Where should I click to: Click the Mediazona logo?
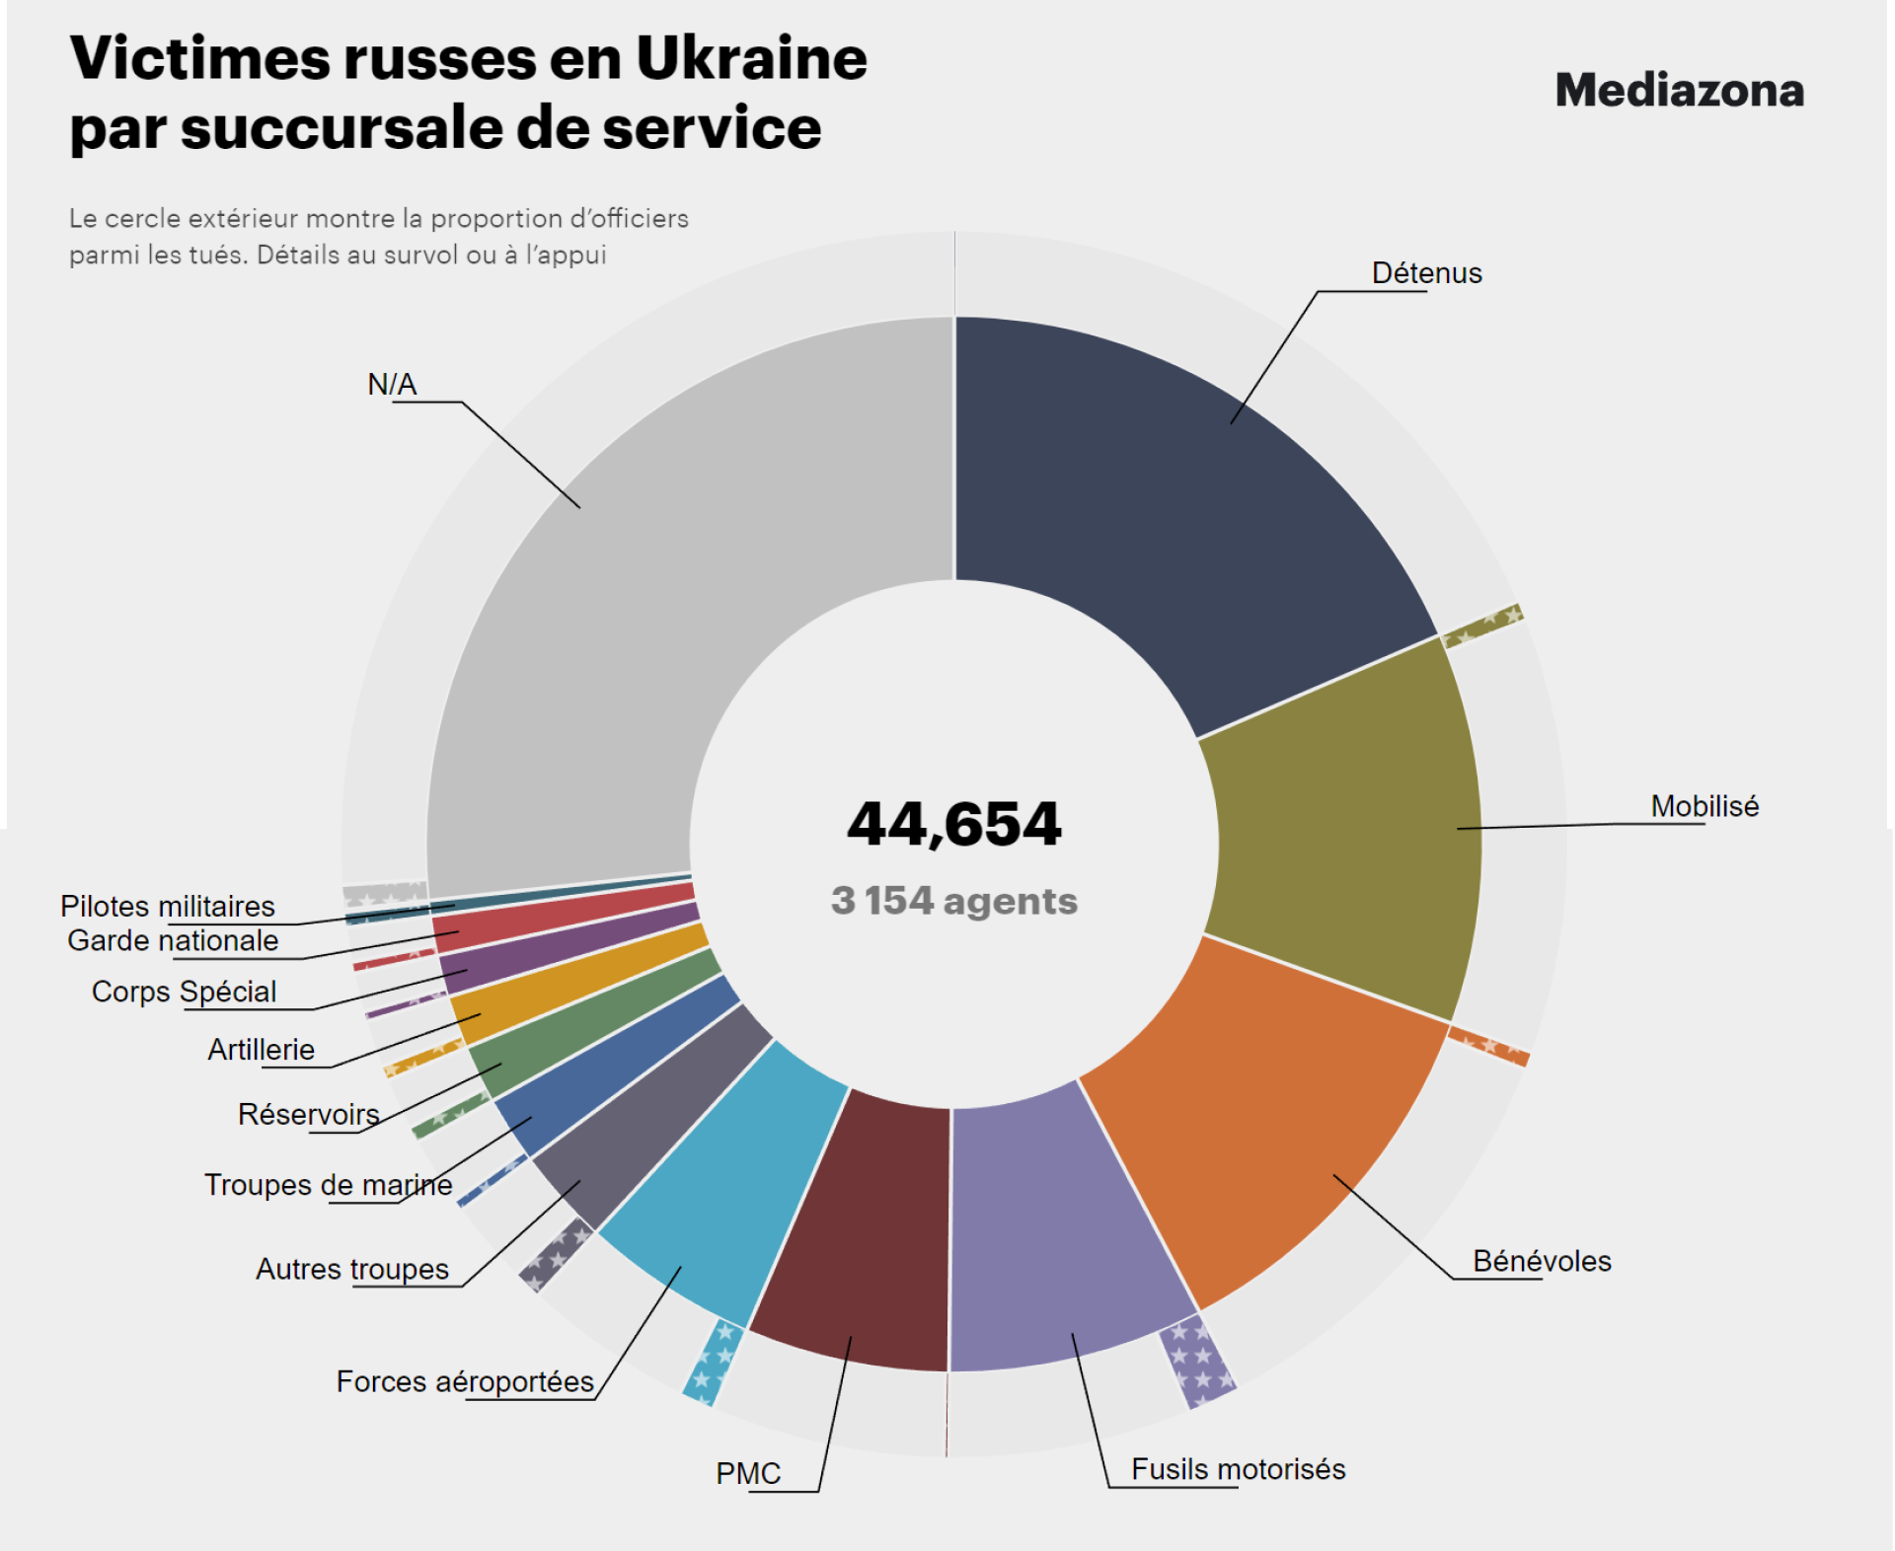click(x=1679, y=91)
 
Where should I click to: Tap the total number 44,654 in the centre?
click(x=953, y=824)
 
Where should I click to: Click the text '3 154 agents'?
click(x=953, y=901)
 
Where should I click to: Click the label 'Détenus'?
click(x=1426, y=273)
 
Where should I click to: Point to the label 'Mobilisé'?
click(x=1705, y=806)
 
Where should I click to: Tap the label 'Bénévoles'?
click(x=1542, y=1261)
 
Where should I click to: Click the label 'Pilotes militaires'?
click(x=168, y=906)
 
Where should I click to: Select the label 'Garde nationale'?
click(x=173, y=940)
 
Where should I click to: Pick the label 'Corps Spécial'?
click(x=184, y=992)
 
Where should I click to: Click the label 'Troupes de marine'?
click(x=328, y=1184)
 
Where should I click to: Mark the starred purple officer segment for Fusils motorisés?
click(x=1197, y=1362)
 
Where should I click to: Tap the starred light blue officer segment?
click(x=713, y=1362)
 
